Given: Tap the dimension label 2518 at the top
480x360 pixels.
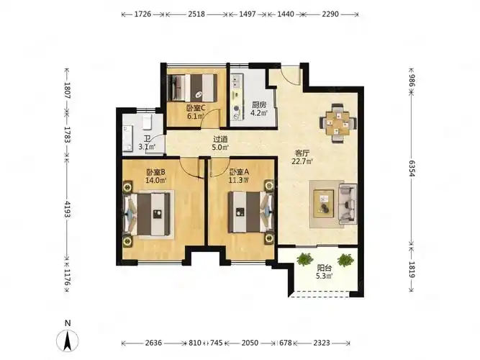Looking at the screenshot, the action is point(196,14).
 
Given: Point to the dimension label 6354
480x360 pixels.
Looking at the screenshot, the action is point(412,168).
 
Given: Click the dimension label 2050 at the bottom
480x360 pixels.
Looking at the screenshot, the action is point(250,343).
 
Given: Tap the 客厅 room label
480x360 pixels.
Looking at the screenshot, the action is point(302,153).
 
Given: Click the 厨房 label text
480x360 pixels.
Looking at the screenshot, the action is point(259,105).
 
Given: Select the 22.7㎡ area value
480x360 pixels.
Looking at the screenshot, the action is point(302,161).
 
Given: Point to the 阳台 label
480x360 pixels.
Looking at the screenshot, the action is point(324,268).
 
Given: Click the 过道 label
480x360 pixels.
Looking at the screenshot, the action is point(220,139).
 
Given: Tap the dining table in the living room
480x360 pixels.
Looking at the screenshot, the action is point(338,123).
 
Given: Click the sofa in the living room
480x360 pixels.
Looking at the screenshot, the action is point(348,204).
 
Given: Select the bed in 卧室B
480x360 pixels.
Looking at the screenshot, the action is point(147,214).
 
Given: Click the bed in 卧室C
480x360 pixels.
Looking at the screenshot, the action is point(193,88).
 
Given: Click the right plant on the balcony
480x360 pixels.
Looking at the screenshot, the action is point(345,260).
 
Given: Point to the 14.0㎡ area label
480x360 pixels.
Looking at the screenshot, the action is point(156,180).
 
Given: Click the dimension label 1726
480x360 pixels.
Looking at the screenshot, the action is point(142,14).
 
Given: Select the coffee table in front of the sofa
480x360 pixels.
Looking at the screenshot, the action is point(324,204).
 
